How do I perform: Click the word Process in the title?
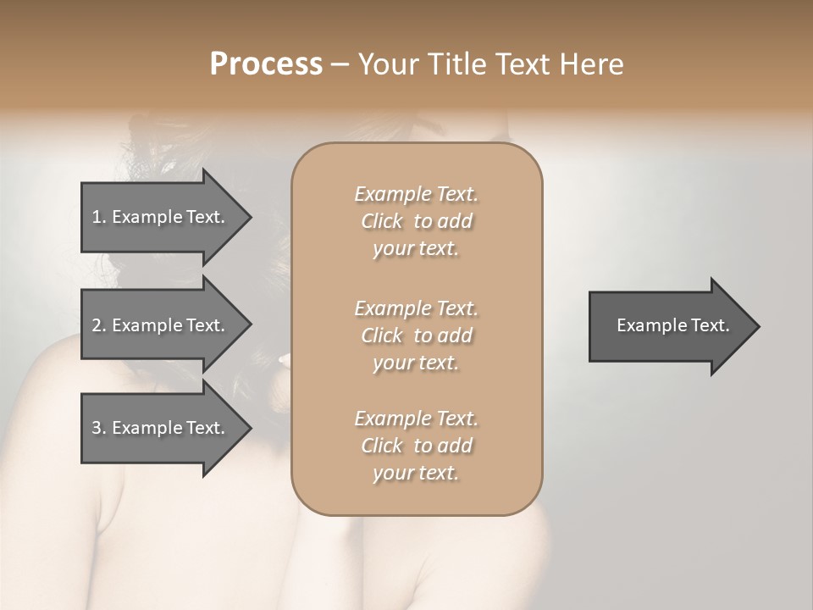pyautogui.click(x=266, y=64)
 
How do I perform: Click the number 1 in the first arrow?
pyautogui.click(x=97, y=217)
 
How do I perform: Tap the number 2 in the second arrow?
pyautogui.click(x=97, y=325)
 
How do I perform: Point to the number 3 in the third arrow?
pyautogui.click(x=97, y=428)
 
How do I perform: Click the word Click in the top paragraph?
pyautogui.click(x=382, y=221)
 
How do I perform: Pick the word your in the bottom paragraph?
pyautogui.click(x=390, y=474)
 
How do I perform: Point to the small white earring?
pyautogui.click(x=282, y=360)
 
